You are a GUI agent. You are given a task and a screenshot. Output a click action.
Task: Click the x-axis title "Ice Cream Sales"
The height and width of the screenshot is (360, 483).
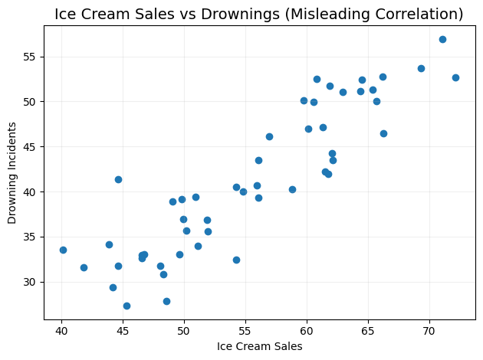[260, 346]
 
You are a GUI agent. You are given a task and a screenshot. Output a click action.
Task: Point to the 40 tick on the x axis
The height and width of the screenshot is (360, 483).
[61, 330]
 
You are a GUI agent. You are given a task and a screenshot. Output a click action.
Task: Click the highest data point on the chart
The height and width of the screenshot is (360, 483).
[442, 39]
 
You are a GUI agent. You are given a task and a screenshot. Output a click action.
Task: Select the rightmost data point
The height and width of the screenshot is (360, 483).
[455, 77]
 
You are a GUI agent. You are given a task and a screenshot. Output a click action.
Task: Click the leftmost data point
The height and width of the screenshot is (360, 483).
[63, 250]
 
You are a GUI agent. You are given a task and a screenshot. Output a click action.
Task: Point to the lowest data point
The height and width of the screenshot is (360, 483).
[127, 306]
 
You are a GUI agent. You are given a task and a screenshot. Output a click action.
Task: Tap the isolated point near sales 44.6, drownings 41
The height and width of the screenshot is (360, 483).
[118, 179]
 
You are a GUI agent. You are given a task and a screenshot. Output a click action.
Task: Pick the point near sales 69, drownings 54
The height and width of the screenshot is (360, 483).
[421, 68]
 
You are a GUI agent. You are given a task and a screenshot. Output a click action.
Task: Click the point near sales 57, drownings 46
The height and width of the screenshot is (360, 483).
[269, 136]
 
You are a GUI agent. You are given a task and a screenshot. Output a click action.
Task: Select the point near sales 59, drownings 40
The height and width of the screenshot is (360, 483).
[292, 189]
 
